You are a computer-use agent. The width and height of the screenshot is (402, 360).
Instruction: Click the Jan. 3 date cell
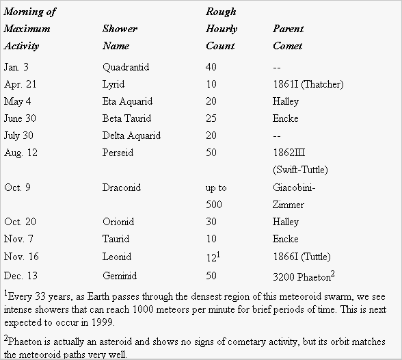click(16, 67)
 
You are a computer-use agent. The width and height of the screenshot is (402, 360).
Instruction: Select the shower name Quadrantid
click(126, 67)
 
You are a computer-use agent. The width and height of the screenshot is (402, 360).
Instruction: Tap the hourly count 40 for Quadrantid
click(211, 67)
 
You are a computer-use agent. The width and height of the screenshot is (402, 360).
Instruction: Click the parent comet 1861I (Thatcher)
click(308, 84)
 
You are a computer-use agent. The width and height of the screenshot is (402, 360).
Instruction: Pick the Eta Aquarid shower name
click(127, 101)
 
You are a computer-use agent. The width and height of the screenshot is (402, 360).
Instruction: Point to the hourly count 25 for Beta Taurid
click(211, 118)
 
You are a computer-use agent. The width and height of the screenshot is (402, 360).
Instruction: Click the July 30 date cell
click(18, 136)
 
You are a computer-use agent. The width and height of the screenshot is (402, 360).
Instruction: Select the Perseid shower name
click(118, 153)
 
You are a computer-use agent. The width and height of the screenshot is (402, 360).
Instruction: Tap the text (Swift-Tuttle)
click(300, 170)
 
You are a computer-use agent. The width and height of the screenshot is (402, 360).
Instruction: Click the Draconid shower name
click(122, 188)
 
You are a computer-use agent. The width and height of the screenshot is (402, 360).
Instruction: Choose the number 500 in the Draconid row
click(214, 205)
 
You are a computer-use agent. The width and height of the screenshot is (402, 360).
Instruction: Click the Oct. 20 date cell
click(20, 222)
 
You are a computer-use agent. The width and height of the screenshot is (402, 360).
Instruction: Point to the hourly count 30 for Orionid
click(211, 222)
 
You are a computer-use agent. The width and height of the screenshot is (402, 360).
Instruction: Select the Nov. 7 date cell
click(18, 239)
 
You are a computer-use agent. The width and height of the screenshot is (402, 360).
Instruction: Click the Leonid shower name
click(117, 257)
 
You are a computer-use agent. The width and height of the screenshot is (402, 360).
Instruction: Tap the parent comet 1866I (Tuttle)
click(301, 257)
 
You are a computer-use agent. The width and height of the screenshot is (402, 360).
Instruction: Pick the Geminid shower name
click(120, 276)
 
